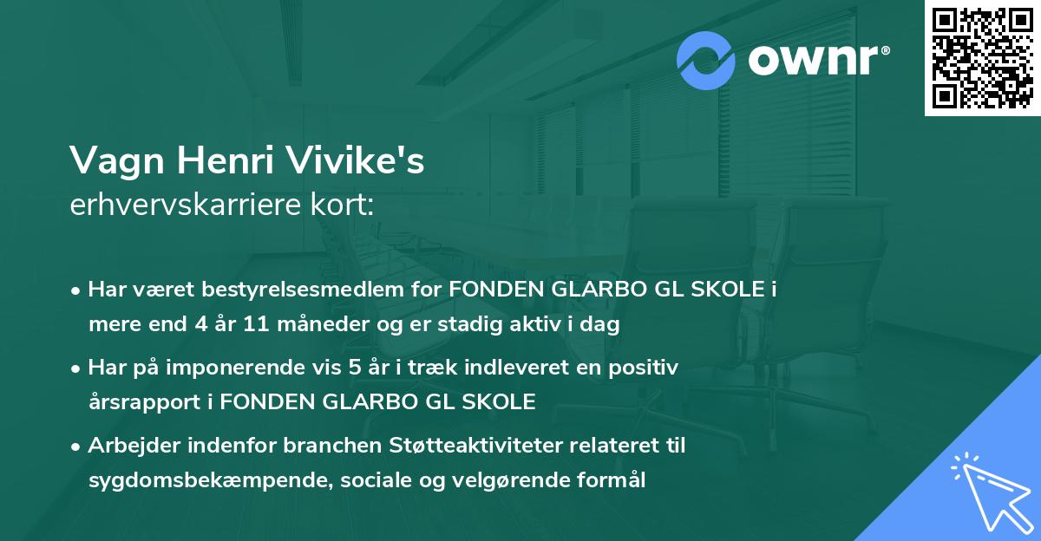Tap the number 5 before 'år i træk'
pyautogui.click(x=354, y=367)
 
